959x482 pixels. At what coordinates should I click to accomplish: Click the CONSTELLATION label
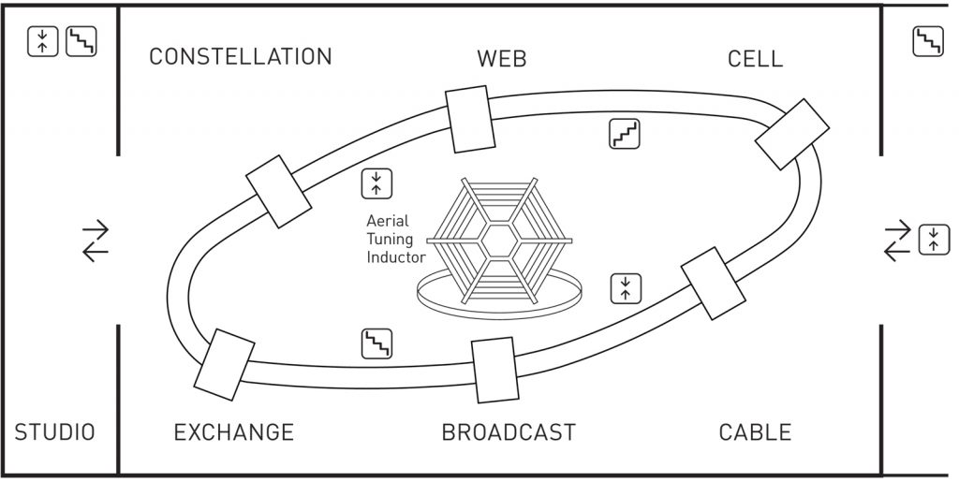(x=241, y=57)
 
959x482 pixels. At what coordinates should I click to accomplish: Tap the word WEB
(x=502, y=59)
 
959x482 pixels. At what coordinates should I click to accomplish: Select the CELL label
(x=755, y=59)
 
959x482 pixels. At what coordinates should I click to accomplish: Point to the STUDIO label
(x=54, y=432)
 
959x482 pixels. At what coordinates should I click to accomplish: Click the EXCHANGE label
(x=234, y=432)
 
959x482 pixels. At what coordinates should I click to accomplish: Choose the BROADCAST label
(x=509, y=432)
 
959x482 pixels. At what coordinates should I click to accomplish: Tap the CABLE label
(x=755, y=432)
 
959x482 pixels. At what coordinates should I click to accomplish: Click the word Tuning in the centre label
(x=390, y=240)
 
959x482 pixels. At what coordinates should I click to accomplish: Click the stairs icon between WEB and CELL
(x=625, y=134)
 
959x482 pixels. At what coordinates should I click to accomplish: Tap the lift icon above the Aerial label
(x=376, y=183)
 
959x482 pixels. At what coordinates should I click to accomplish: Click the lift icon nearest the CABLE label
(x=626, y=288)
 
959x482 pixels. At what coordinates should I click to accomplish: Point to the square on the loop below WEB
(x=470, y=120)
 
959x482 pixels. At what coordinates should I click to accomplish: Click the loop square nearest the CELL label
(x=792, y=133)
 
